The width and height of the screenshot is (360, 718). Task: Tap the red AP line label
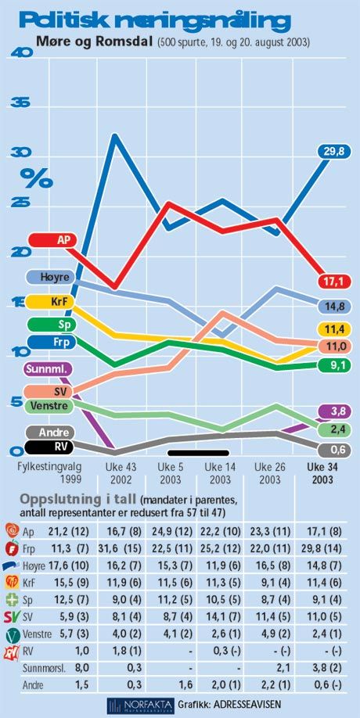tap(52, 239)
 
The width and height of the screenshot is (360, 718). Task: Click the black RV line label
tap(49, 447)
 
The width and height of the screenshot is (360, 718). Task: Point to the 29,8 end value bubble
tap(334, 151)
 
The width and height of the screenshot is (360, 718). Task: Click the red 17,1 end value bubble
tap(334, 281)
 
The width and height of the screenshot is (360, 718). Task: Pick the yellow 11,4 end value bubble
tap(334, 328)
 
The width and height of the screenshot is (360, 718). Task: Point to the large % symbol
tap(37, 178)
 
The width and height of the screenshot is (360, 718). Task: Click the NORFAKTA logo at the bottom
tap(140, 704)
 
